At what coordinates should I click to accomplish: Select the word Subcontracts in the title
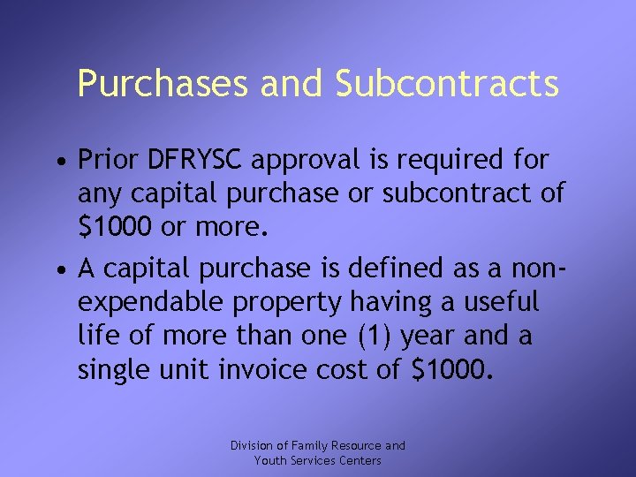(447, 84)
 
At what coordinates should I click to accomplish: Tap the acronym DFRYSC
(201, 161)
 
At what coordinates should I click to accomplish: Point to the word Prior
(109, 161)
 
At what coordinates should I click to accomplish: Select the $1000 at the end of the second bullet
(450, 368)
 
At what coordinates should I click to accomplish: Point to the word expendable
(151, 302)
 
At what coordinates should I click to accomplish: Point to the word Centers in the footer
(360, 460)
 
